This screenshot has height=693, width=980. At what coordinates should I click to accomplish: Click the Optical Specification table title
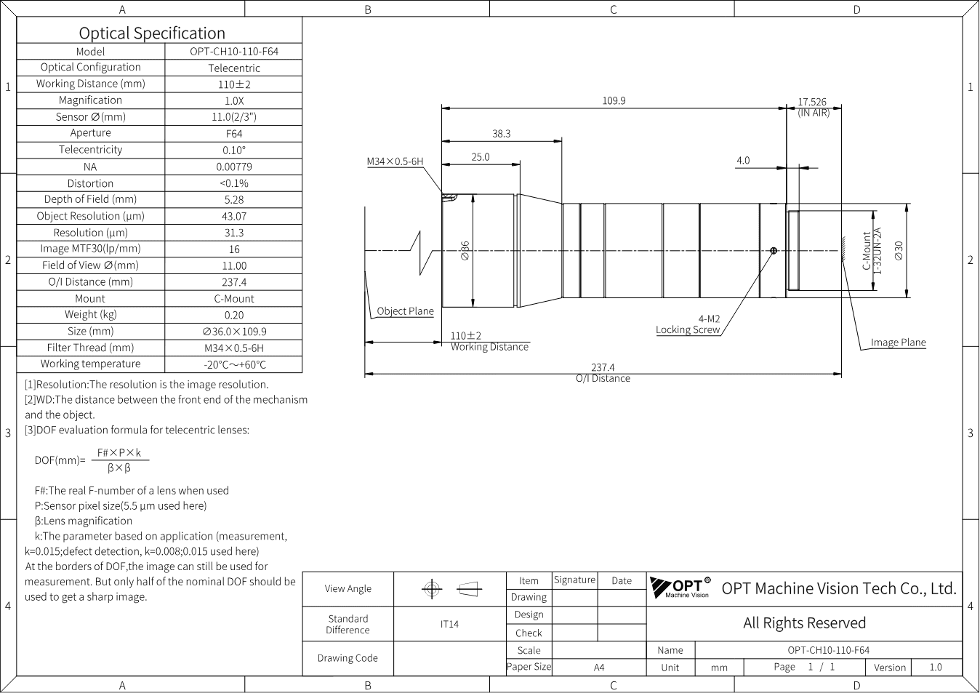[152, 33]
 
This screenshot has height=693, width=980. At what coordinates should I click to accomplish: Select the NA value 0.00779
[234, 167]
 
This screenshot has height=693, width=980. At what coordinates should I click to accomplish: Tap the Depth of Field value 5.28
[234, 200]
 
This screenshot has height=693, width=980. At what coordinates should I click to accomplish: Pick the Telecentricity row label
[91, 150]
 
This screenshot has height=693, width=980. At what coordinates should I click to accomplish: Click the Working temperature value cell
[235, 364]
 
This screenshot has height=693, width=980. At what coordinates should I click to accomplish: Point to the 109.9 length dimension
[614, 100]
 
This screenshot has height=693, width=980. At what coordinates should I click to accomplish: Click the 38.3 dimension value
[502, 134]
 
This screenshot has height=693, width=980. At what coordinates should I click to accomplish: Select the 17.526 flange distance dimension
[812, 102]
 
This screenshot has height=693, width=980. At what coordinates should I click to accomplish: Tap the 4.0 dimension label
[743, 161]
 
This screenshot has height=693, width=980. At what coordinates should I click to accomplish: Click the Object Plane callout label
[405, 311]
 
